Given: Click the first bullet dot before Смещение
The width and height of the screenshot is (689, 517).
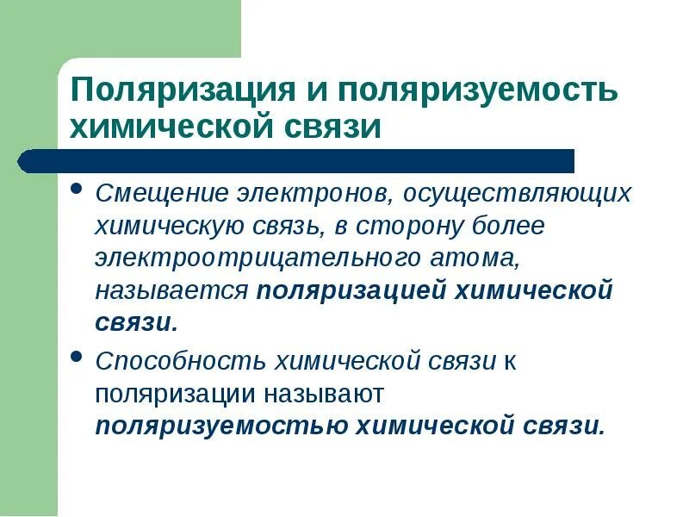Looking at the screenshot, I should point(77,189).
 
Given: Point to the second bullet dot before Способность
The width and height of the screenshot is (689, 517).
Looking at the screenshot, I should point(77,355).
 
